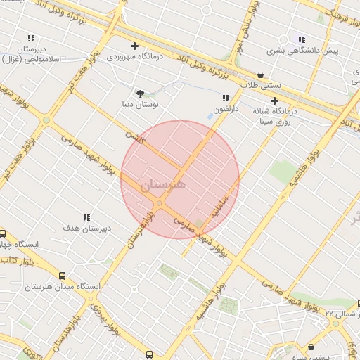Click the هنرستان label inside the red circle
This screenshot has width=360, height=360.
[x=163, y=185]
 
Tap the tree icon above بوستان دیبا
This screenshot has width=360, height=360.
[x=140, y=92]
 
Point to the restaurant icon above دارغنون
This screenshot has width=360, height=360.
[x=226, y=98]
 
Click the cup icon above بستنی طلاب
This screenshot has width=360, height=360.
[x=261, y=75]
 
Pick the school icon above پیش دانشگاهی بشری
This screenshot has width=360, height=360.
[x=302, y=39]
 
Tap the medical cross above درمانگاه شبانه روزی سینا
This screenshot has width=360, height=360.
[x=274, y=101]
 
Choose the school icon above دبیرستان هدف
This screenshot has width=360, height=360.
[x=87, y=218]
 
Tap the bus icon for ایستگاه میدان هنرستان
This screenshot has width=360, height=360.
[x=63, y=276]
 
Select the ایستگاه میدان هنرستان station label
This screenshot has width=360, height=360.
[x=63, y=287]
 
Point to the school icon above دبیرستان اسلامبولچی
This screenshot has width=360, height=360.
[x=31, y=38]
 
